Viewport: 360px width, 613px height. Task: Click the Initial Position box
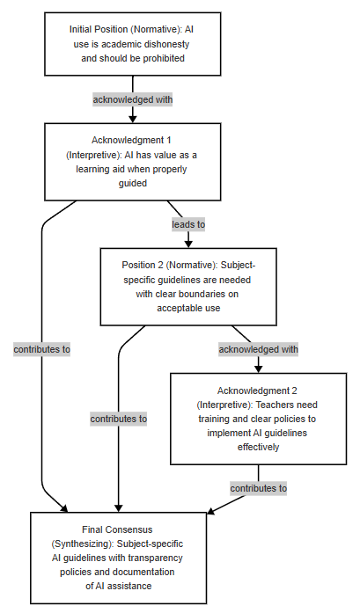[x=133, y=44]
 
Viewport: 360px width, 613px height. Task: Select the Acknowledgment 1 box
[x=133, y=162]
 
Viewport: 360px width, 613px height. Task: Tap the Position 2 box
[x=188, y=287]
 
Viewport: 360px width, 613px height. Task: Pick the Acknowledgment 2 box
[x=258, y=419]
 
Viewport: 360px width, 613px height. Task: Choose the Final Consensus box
[x=119, y=558]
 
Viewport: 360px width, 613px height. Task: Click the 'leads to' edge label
[x=188, y=224]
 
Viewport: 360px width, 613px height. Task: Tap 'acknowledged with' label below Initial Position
[x=133, y=99]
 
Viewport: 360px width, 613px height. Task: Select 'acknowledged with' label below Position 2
[x=258, y=349]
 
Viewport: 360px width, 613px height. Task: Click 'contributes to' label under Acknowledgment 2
[x=258, y=488]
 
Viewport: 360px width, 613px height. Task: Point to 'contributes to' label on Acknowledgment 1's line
[x=42, y=349]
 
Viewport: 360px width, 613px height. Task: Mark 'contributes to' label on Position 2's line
[x=119, y=420]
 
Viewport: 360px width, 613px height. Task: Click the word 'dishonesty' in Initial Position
[x=166, y=44]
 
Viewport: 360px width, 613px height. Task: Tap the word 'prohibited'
[x=164, y=58]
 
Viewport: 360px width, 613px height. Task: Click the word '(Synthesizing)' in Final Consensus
[x=83, y=544]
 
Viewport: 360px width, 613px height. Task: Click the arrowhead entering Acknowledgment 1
[x=133, y=119]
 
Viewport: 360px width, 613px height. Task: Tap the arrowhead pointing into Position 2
[x=188, y=244]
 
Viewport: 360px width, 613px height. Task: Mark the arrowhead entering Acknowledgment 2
[x=258, y=369]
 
